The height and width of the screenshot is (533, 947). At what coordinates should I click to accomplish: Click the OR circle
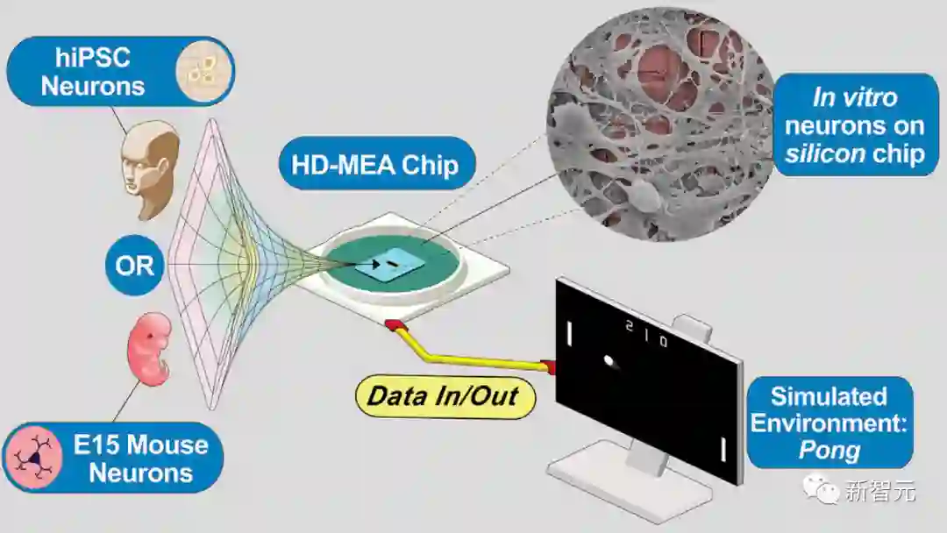click(134, 265)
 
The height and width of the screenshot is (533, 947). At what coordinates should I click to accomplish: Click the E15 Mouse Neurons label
click(114, 458)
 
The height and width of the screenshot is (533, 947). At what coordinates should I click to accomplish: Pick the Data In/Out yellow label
click(443, 395)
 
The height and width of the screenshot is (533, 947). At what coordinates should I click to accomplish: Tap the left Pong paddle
click(571, 333)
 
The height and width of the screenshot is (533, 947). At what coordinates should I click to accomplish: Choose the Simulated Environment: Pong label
click(829, 423)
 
